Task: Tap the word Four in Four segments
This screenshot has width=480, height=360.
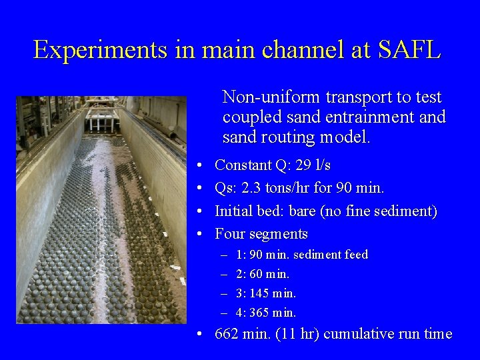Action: (230, 234)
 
